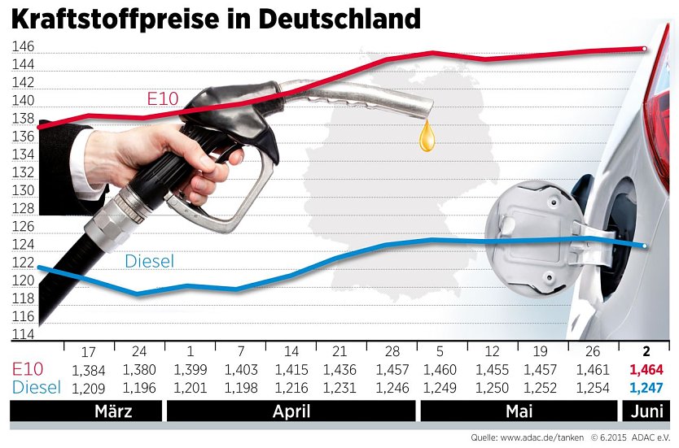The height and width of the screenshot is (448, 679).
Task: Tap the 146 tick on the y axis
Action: (23, 47)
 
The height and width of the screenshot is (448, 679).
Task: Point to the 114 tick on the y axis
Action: (23, 334)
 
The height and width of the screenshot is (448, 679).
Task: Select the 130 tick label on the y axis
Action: (23, 190)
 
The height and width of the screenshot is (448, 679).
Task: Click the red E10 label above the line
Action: (162, 98)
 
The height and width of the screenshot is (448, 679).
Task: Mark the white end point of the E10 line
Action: (645, 50)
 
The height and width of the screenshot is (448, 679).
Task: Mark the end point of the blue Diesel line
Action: (645, 246)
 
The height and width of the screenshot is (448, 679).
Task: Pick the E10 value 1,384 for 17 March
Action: (89, 370)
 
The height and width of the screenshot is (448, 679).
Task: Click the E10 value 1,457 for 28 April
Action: (392, 370)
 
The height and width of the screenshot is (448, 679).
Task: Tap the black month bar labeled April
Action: (291, 411)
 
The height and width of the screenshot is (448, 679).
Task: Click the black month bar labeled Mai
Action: (519, 411)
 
